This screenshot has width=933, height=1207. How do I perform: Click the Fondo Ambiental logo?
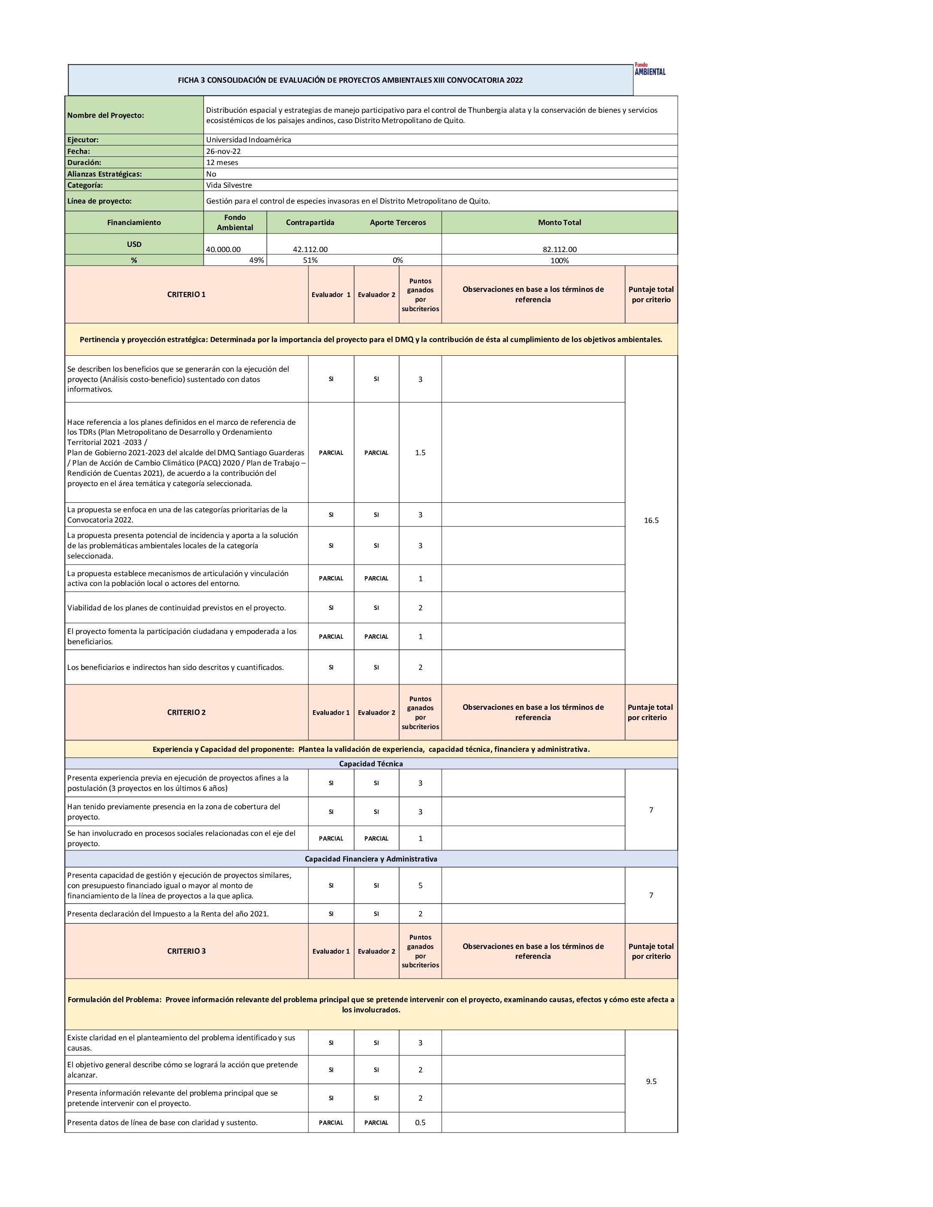point(650,69)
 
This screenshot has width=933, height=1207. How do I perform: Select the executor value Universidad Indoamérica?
point(248,140)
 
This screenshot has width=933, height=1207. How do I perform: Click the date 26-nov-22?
point(223,151)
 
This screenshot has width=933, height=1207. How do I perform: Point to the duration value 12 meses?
point(222,162)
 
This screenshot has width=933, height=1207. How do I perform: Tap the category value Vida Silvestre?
point(229,185)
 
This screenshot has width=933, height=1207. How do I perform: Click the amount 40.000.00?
point(223,249)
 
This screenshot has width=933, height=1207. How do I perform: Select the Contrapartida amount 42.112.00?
point(310,249)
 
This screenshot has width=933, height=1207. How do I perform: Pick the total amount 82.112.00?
point(560,249)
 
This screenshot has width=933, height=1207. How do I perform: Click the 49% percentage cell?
point(256,260)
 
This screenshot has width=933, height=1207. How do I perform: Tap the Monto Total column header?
point(560,222)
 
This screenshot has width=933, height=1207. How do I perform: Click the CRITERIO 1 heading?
point(186,294)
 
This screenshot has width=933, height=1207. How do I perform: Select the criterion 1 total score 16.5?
point(651,520)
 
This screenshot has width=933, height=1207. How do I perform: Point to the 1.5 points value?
point(420,453)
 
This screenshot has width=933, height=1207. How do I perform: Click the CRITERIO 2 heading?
point(186,712)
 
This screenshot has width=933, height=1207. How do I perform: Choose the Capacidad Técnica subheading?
point(371,764)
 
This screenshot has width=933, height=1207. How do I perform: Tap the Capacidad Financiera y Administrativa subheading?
point(371,859)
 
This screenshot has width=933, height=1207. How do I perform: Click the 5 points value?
point(420,886)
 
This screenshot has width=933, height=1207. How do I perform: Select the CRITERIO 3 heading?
point(186,951)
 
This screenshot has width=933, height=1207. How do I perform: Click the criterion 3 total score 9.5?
point(651,1081)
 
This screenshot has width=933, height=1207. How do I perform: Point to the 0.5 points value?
point(420,1123)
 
